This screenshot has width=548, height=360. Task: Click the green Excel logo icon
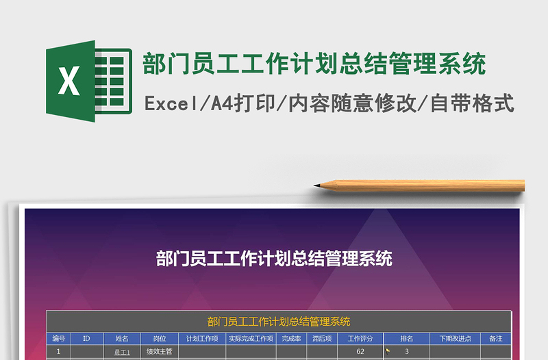[x=88, y=81]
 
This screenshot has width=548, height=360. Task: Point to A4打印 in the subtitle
[x=242, y=104]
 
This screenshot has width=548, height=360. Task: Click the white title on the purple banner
[x=274, y=259]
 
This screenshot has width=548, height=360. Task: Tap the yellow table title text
[x=279, y=322]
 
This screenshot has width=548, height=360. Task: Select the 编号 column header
[x=58, y=338]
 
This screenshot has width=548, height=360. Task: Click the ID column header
[x=86, y=338]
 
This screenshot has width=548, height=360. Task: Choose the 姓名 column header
[x=122, y=338]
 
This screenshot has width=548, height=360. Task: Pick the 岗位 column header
[x=160, y=338]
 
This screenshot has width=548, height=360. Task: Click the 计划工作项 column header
[x=202, y=338]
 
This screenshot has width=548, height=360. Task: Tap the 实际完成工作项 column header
[x=251, y=338]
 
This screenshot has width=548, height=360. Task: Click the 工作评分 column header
[x=360, y=338]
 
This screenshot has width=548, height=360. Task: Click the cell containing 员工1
[x=122, y=352]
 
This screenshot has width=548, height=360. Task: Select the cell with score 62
[x=360, y=352]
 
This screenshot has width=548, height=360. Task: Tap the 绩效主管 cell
[x=160, y=352]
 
